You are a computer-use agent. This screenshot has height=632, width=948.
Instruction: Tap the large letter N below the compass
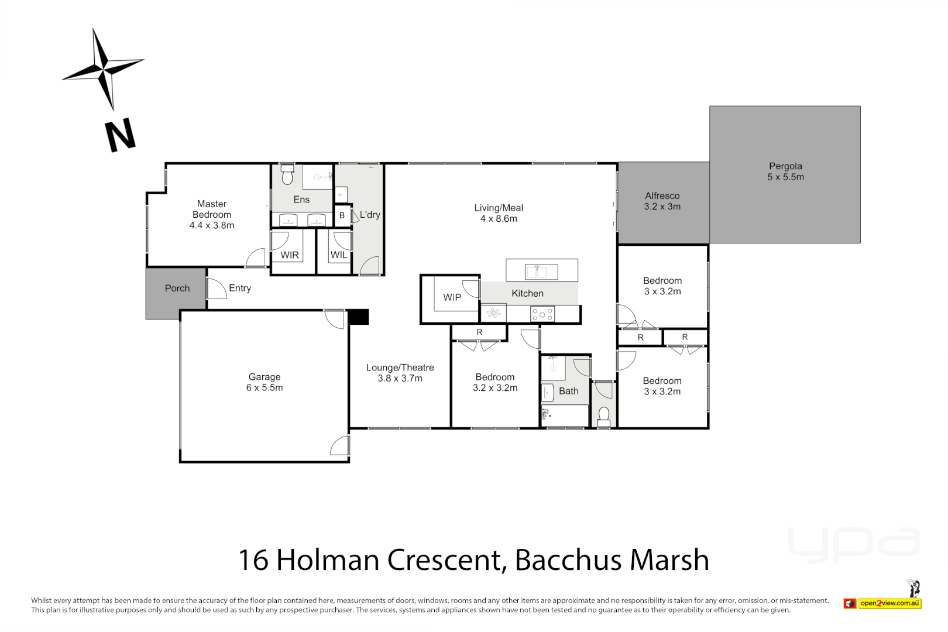pyautogui.click(x=120, y=136)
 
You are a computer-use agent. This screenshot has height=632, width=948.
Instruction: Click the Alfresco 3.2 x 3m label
pyautogui.click(x=662, y=201)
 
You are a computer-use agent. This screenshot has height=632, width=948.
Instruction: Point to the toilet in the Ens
pyautogui.click(x=287, y=175)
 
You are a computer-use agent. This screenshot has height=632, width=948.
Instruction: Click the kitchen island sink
pyautogui.click(x=541, y=272)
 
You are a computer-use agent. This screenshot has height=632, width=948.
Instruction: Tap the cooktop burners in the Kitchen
pyautogui.click(x=542, y=315)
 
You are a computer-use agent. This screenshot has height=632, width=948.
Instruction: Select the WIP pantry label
pyautogui.click(x=452, y=297)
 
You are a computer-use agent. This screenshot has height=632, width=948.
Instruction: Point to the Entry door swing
pyautogui.click(x=217, y=288)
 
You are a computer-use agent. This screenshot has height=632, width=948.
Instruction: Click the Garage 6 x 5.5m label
pyautogui.click(x=264, y=383)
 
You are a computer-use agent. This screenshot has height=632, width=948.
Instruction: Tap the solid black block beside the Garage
pyautogui.click(x=358, y=317)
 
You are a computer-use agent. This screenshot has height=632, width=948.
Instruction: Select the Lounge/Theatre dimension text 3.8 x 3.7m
pyautogui.click(x=400, y=379)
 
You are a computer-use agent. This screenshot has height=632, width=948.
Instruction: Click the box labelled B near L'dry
pyautogui.click(x=342, y=215)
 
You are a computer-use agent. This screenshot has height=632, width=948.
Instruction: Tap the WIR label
pyautogui.click(x=289, y=255)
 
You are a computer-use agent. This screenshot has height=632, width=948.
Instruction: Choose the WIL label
pyautogui.click(x=338, y=255)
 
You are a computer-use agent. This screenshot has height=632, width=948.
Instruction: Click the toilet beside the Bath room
pyautogui.click(x=604, y=417)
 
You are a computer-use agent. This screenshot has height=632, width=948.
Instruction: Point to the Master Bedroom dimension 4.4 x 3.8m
pyautogui.click(x=211, y=225)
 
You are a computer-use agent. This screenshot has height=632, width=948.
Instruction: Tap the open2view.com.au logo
pyautogui.click(x=889, y=603)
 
